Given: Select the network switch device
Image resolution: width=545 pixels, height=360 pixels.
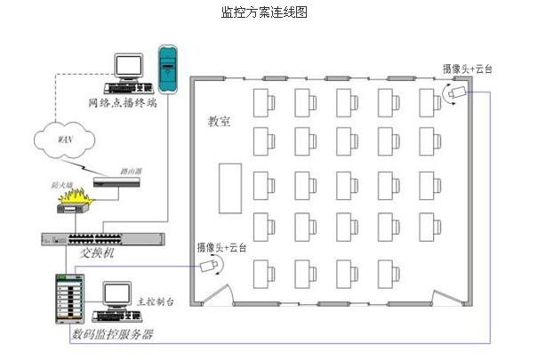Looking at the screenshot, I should coord(102,238).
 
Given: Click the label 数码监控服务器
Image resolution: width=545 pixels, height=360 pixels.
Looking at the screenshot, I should coord(112,335).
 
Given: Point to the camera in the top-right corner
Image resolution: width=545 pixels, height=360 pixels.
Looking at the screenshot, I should coord(456,92).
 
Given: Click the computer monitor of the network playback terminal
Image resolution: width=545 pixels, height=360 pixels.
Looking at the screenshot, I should coord(130,66).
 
